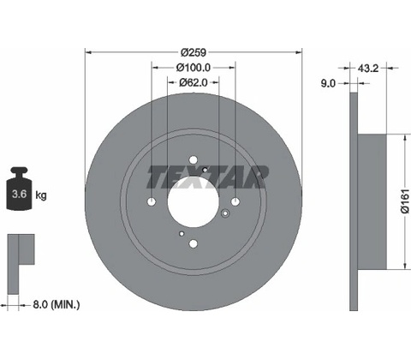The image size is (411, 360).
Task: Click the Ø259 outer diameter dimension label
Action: [x=194, y=52]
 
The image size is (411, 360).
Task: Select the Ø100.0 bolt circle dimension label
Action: [x=194, y=68]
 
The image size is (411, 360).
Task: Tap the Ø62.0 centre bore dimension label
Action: [x=194, y=83]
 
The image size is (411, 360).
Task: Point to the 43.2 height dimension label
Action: [x=368, y=69]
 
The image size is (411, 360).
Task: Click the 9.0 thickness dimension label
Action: [x=328, y=83]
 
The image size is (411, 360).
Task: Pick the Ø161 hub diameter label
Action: [x=405, y=201]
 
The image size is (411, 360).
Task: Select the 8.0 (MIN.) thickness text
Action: [x=57, y=304]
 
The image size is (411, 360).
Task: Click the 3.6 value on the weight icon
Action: [x=19, y=195]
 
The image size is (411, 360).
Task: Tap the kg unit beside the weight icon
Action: [x=41, y=195]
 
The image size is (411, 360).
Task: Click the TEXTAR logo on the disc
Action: [x=207, y=177]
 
